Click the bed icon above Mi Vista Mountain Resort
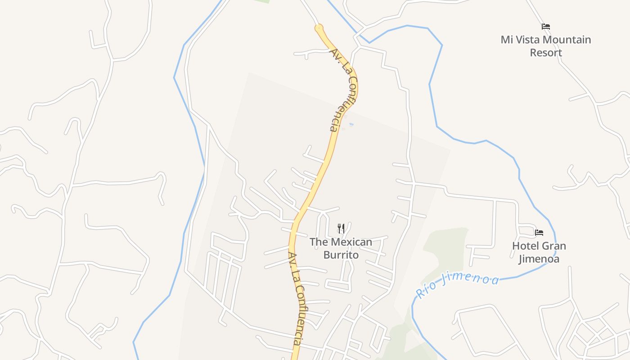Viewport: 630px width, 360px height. (546, 27)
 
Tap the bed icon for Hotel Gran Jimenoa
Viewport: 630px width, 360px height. (539, 233)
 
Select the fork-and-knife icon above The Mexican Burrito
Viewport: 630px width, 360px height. (341, 229)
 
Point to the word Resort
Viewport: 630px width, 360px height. (546, 53)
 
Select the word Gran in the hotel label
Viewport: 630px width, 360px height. (553, 246)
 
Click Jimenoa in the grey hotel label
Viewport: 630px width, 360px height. (539, 259)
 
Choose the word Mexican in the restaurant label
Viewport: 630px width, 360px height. (351, 242)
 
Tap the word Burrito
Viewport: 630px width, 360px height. (341, 255)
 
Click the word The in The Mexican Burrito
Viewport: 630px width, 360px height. (319, 242)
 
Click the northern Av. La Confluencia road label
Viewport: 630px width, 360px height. (344, 90)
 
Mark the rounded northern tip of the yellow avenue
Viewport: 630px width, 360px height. (319, 27)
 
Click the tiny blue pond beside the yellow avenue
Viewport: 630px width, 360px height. (351, 124)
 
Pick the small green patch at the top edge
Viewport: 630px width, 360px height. (261, 1)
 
